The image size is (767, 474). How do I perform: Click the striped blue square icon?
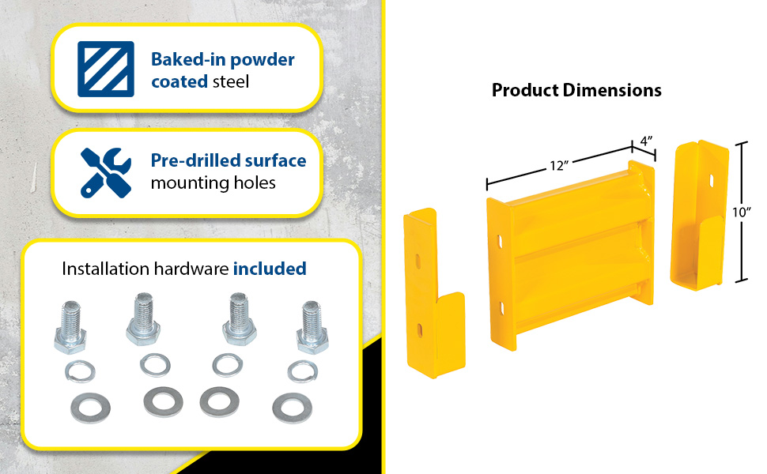coord(106,69)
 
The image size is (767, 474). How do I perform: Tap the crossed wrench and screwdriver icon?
coord(106,172)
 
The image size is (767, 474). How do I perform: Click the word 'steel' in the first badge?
coord(231,81)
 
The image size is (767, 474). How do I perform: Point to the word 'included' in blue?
coord(270,269)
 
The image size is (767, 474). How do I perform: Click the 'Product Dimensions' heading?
coord(576,90)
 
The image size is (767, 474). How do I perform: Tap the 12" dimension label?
coord(559,166)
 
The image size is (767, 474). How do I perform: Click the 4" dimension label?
coord(646,141)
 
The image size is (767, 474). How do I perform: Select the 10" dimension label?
coord(742,212)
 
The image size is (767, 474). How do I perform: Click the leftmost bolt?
coord(70,327)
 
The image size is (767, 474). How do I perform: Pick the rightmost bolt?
coord(312,327)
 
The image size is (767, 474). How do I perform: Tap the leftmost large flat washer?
coord(90,408)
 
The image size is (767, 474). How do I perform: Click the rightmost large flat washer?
coord(292,408)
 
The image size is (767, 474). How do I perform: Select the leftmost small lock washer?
coord(80,371)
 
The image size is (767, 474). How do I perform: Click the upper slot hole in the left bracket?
coord(418,261)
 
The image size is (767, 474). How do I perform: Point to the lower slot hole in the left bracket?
coord(420,330)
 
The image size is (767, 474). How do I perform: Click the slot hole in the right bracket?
coord(711,180)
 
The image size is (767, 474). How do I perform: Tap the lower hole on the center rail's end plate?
coord(501,308)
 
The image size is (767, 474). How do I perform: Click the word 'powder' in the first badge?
coord(263,59)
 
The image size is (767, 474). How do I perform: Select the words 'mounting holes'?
coord(213,182)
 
